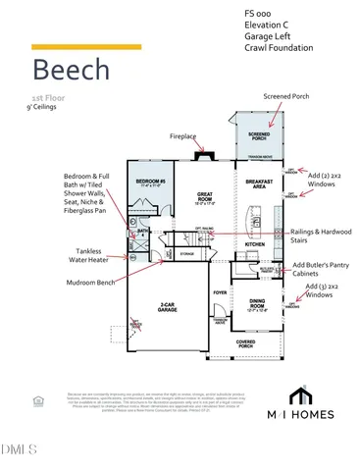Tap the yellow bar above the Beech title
click(85, 46)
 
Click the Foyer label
click(220, 292)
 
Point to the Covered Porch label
click(246, 342)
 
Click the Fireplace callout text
click(184, 136)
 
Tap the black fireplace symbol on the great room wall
click(204, 153)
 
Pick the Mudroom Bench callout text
click(69, 282)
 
